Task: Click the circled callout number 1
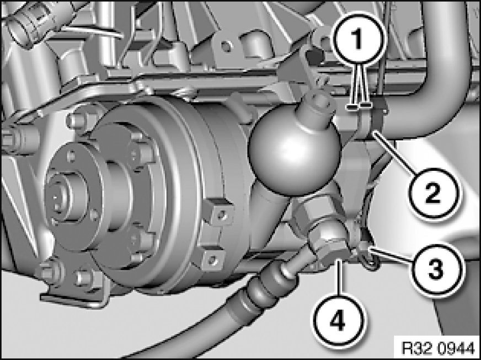pos(358,39)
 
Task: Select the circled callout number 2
pos(432,193)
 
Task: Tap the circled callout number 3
pos(436,269)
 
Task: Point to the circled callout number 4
pos(337,322)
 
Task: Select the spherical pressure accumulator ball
pos(295,154)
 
